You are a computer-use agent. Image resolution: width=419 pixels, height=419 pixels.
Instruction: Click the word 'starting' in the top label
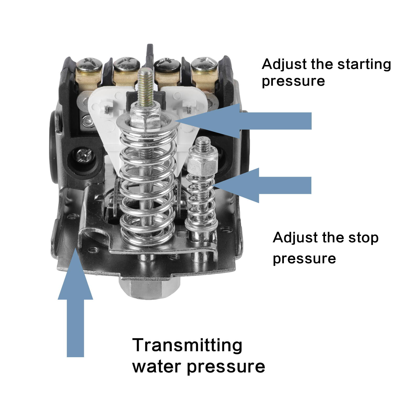tap(364, 65)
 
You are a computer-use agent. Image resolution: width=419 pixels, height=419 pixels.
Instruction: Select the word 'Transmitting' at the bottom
tap(187, 345)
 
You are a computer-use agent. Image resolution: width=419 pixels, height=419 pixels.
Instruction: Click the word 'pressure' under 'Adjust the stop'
tap(304, 259)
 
